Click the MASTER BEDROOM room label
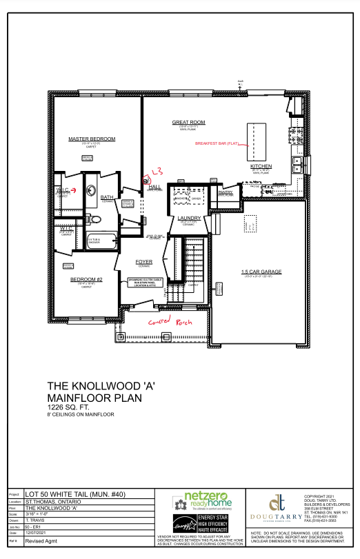[92, 139]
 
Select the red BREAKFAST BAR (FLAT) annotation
[217, 143]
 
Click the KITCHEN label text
[261, 167]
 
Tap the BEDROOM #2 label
[86, 278]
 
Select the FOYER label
[144, 262]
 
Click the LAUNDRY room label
[188, 218]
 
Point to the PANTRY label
[226, 192]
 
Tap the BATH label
[107, 197]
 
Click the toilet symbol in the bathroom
[96, 220]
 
